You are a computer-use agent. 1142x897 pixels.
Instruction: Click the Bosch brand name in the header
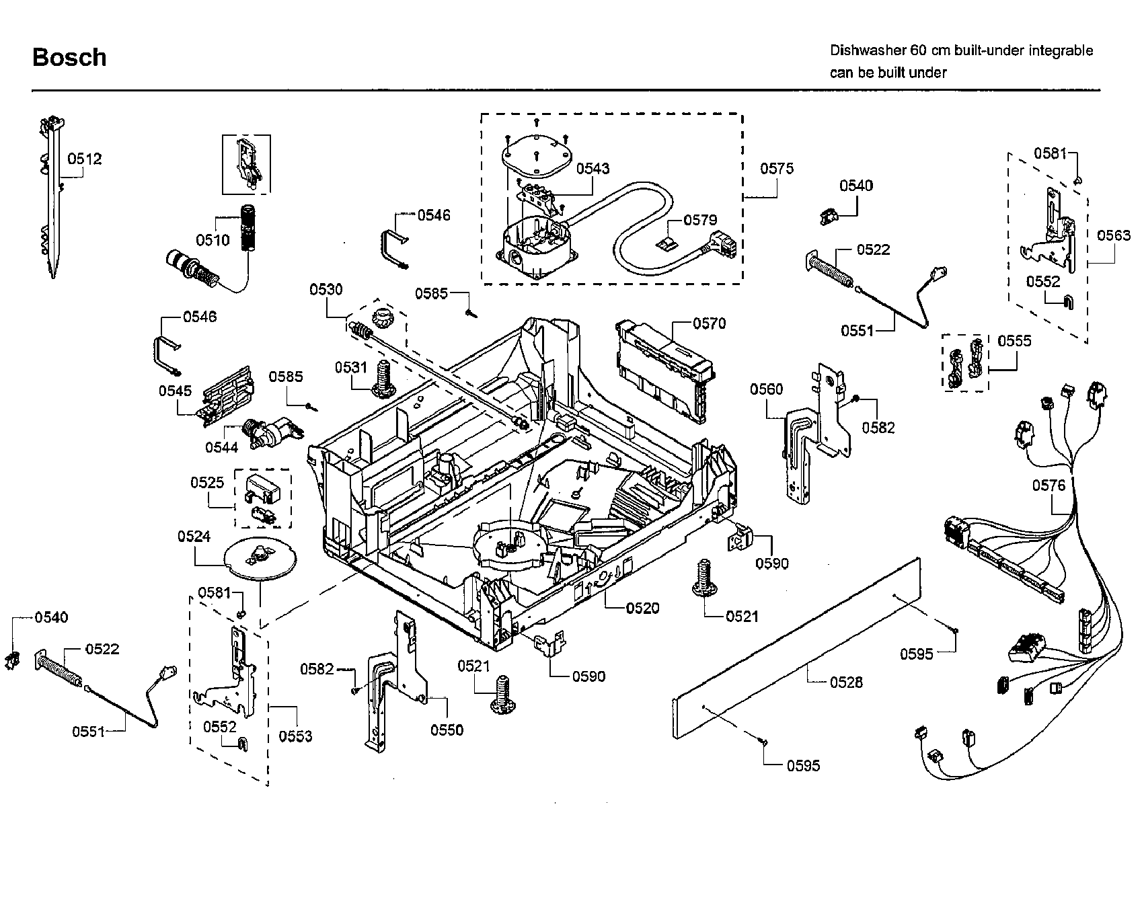click(x=69, y=57)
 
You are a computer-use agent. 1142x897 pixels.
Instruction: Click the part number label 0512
click(x=85, y=159)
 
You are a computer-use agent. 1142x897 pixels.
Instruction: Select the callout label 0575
click(x=777, y=168)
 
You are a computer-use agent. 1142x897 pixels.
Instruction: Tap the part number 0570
click(x=710, y=323)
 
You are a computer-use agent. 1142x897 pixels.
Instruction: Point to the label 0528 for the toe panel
click(x=846, y=682)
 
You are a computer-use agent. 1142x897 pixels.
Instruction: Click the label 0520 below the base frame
click(x=642, y=608)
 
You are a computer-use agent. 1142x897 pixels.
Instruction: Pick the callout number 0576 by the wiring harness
click(x=1049, y=485)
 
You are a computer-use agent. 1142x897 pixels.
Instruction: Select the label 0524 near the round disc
click(x=194, y=536)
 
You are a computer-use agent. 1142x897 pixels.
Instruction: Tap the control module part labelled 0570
click(x=662, y=370)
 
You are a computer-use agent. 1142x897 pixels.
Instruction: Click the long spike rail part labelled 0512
click(x=52, y=202)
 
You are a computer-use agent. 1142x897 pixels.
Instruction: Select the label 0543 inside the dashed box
click(x=593, y=168)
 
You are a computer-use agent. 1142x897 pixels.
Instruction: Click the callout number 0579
click(x=700, y=220)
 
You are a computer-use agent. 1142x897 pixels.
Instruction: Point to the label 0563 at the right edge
click(x=1114, y=235)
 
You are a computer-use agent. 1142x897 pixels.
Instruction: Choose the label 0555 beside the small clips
click(x=1014, y=341)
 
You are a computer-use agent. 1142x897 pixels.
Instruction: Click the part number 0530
click(x=326, y=289)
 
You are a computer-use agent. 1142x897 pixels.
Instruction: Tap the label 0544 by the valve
click(x=222, y=446)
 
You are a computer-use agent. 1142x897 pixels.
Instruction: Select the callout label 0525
click(x=207, y=482)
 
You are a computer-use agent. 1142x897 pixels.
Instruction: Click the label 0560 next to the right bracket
click(x=767, y=389)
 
